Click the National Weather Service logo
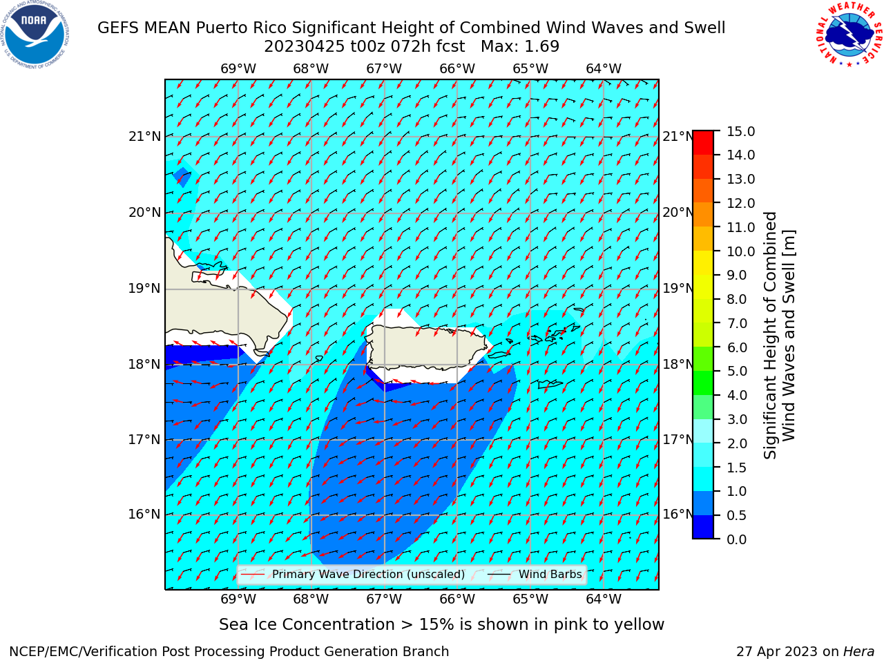click(849, 34)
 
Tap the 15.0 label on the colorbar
click(740, 132)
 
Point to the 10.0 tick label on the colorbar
click(740, 251)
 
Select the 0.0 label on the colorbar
click(737, 539)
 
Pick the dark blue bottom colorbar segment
click(703, 527)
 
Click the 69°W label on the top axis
click(238, 69)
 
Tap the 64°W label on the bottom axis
click(604, 599)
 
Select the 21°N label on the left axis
click(144, 137)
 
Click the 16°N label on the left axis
click(144, 515)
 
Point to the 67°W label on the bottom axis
click(384, 599)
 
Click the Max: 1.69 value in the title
click(520, 46)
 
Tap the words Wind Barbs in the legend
click(550, 574)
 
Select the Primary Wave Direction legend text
click(369, 575)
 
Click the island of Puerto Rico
click(427, 348)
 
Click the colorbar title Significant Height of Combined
click(770, 336)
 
